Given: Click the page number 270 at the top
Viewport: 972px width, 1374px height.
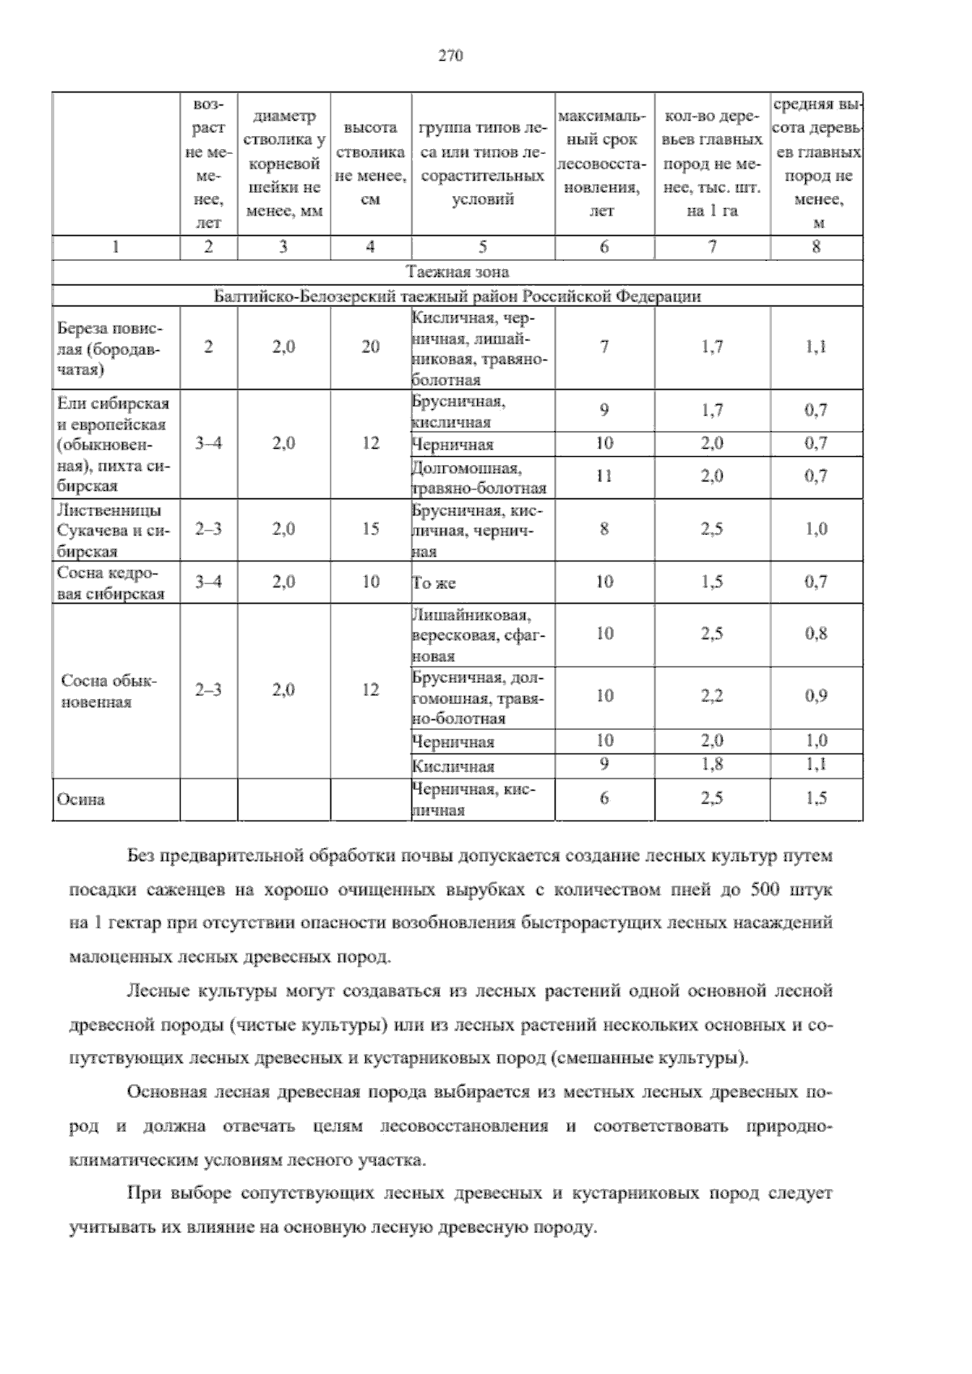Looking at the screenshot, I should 450,56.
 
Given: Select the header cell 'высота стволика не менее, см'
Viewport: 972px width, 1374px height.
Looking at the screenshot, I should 370,163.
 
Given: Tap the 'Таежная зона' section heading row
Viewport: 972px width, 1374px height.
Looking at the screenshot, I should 458,272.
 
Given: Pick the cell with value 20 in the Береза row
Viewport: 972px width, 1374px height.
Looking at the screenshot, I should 370,347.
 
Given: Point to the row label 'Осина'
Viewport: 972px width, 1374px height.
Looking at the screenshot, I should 80,800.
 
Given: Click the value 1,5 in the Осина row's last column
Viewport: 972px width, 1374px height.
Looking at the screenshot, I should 816,799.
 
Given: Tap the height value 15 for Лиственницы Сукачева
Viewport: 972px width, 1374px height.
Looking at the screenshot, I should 370,529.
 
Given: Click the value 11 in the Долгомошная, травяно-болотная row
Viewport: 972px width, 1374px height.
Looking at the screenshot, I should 604,476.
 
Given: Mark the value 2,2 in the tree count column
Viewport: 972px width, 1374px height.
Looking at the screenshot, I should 712,695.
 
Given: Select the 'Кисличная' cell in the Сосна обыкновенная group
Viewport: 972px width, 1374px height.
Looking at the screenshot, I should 453,766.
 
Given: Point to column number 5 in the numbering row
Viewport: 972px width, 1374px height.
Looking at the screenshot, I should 483,247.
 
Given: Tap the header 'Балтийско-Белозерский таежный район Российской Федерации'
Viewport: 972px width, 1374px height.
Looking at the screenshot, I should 458,296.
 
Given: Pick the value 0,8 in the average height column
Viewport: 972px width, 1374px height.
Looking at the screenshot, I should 816,634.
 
